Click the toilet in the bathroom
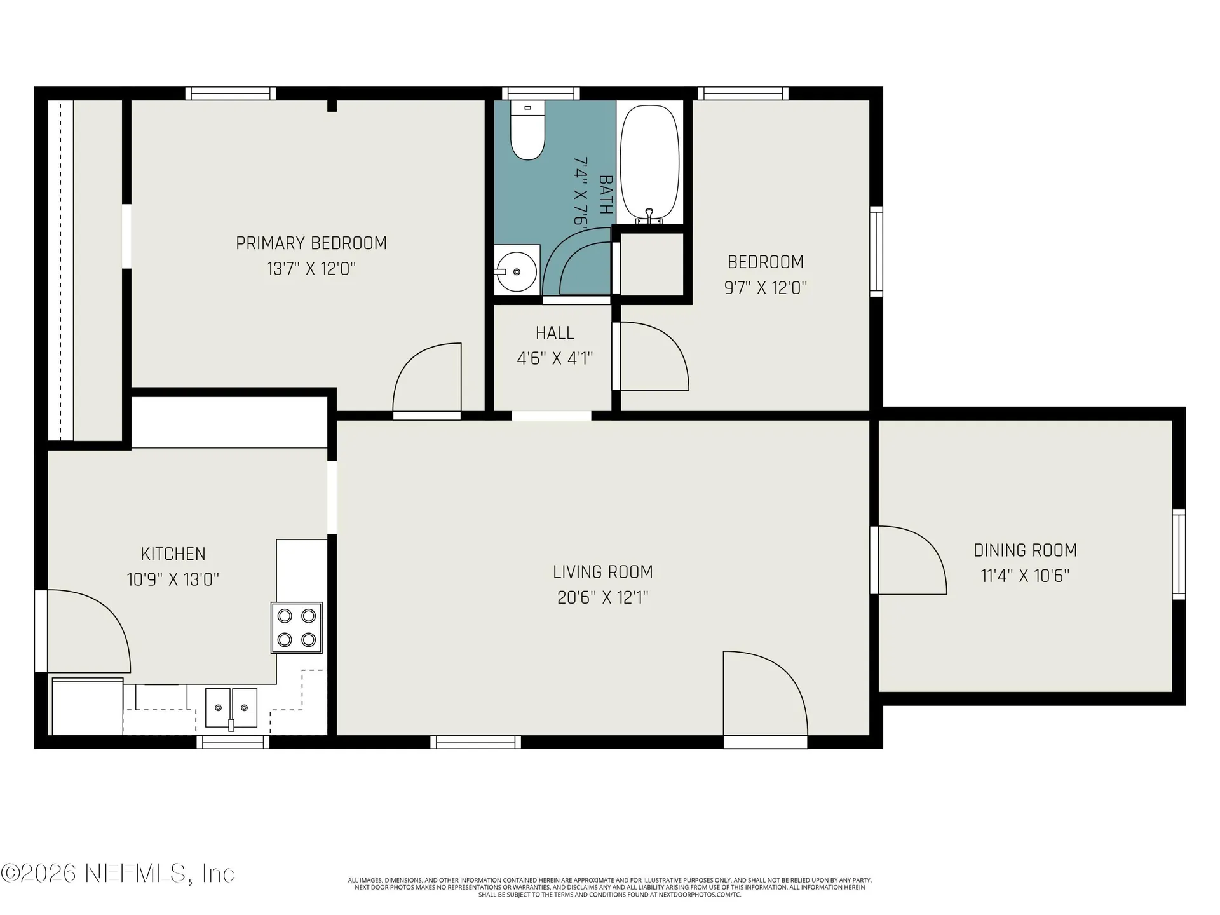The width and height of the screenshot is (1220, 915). [528, 130]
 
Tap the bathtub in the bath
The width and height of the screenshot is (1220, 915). [649, 164]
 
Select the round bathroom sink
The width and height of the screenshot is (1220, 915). [516, 271]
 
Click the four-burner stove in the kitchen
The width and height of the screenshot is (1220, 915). [297, 628]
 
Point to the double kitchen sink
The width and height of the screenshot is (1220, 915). [231, 708]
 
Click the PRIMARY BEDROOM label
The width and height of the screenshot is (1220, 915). [311, 243]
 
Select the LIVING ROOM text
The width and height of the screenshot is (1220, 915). [603, 572]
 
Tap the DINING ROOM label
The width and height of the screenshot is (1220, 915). [1026, 550]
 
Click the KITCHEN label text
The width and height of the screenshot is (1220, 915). [173, 554]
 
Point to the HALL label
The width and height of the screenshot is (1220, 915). [555, 333]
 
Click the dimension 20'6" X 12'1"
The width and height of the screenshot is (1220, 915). [603, 598]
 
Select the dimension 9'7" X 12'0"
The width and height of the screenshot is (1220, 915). [766, 288]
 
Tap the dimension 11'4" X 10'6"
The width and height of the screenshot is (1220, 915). [1026, 576]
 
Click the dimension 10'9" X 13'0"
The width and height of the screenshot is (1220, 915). [173, 579]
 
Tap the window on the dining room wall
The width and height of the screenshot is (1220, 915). [1179, 554]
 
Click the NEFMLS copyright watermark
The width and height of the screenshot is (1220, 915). [118, 873]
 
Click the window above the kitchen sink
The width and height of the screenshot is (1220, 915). [233, 742]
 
